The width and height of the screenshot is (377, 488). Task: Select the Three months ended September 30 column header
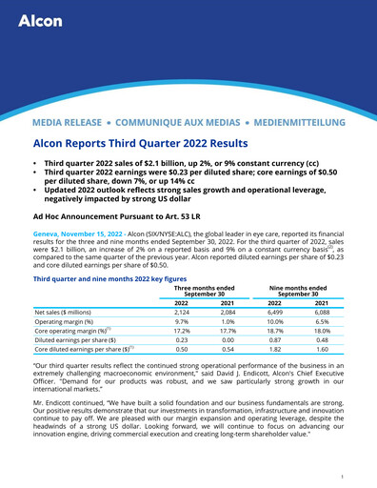[x=204, y=291]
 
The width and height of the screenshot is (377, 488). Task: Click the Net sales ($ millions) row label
[x=69, y=311]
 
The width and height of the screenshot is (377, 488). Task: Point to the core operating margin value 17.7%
[x=227, y=335]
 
